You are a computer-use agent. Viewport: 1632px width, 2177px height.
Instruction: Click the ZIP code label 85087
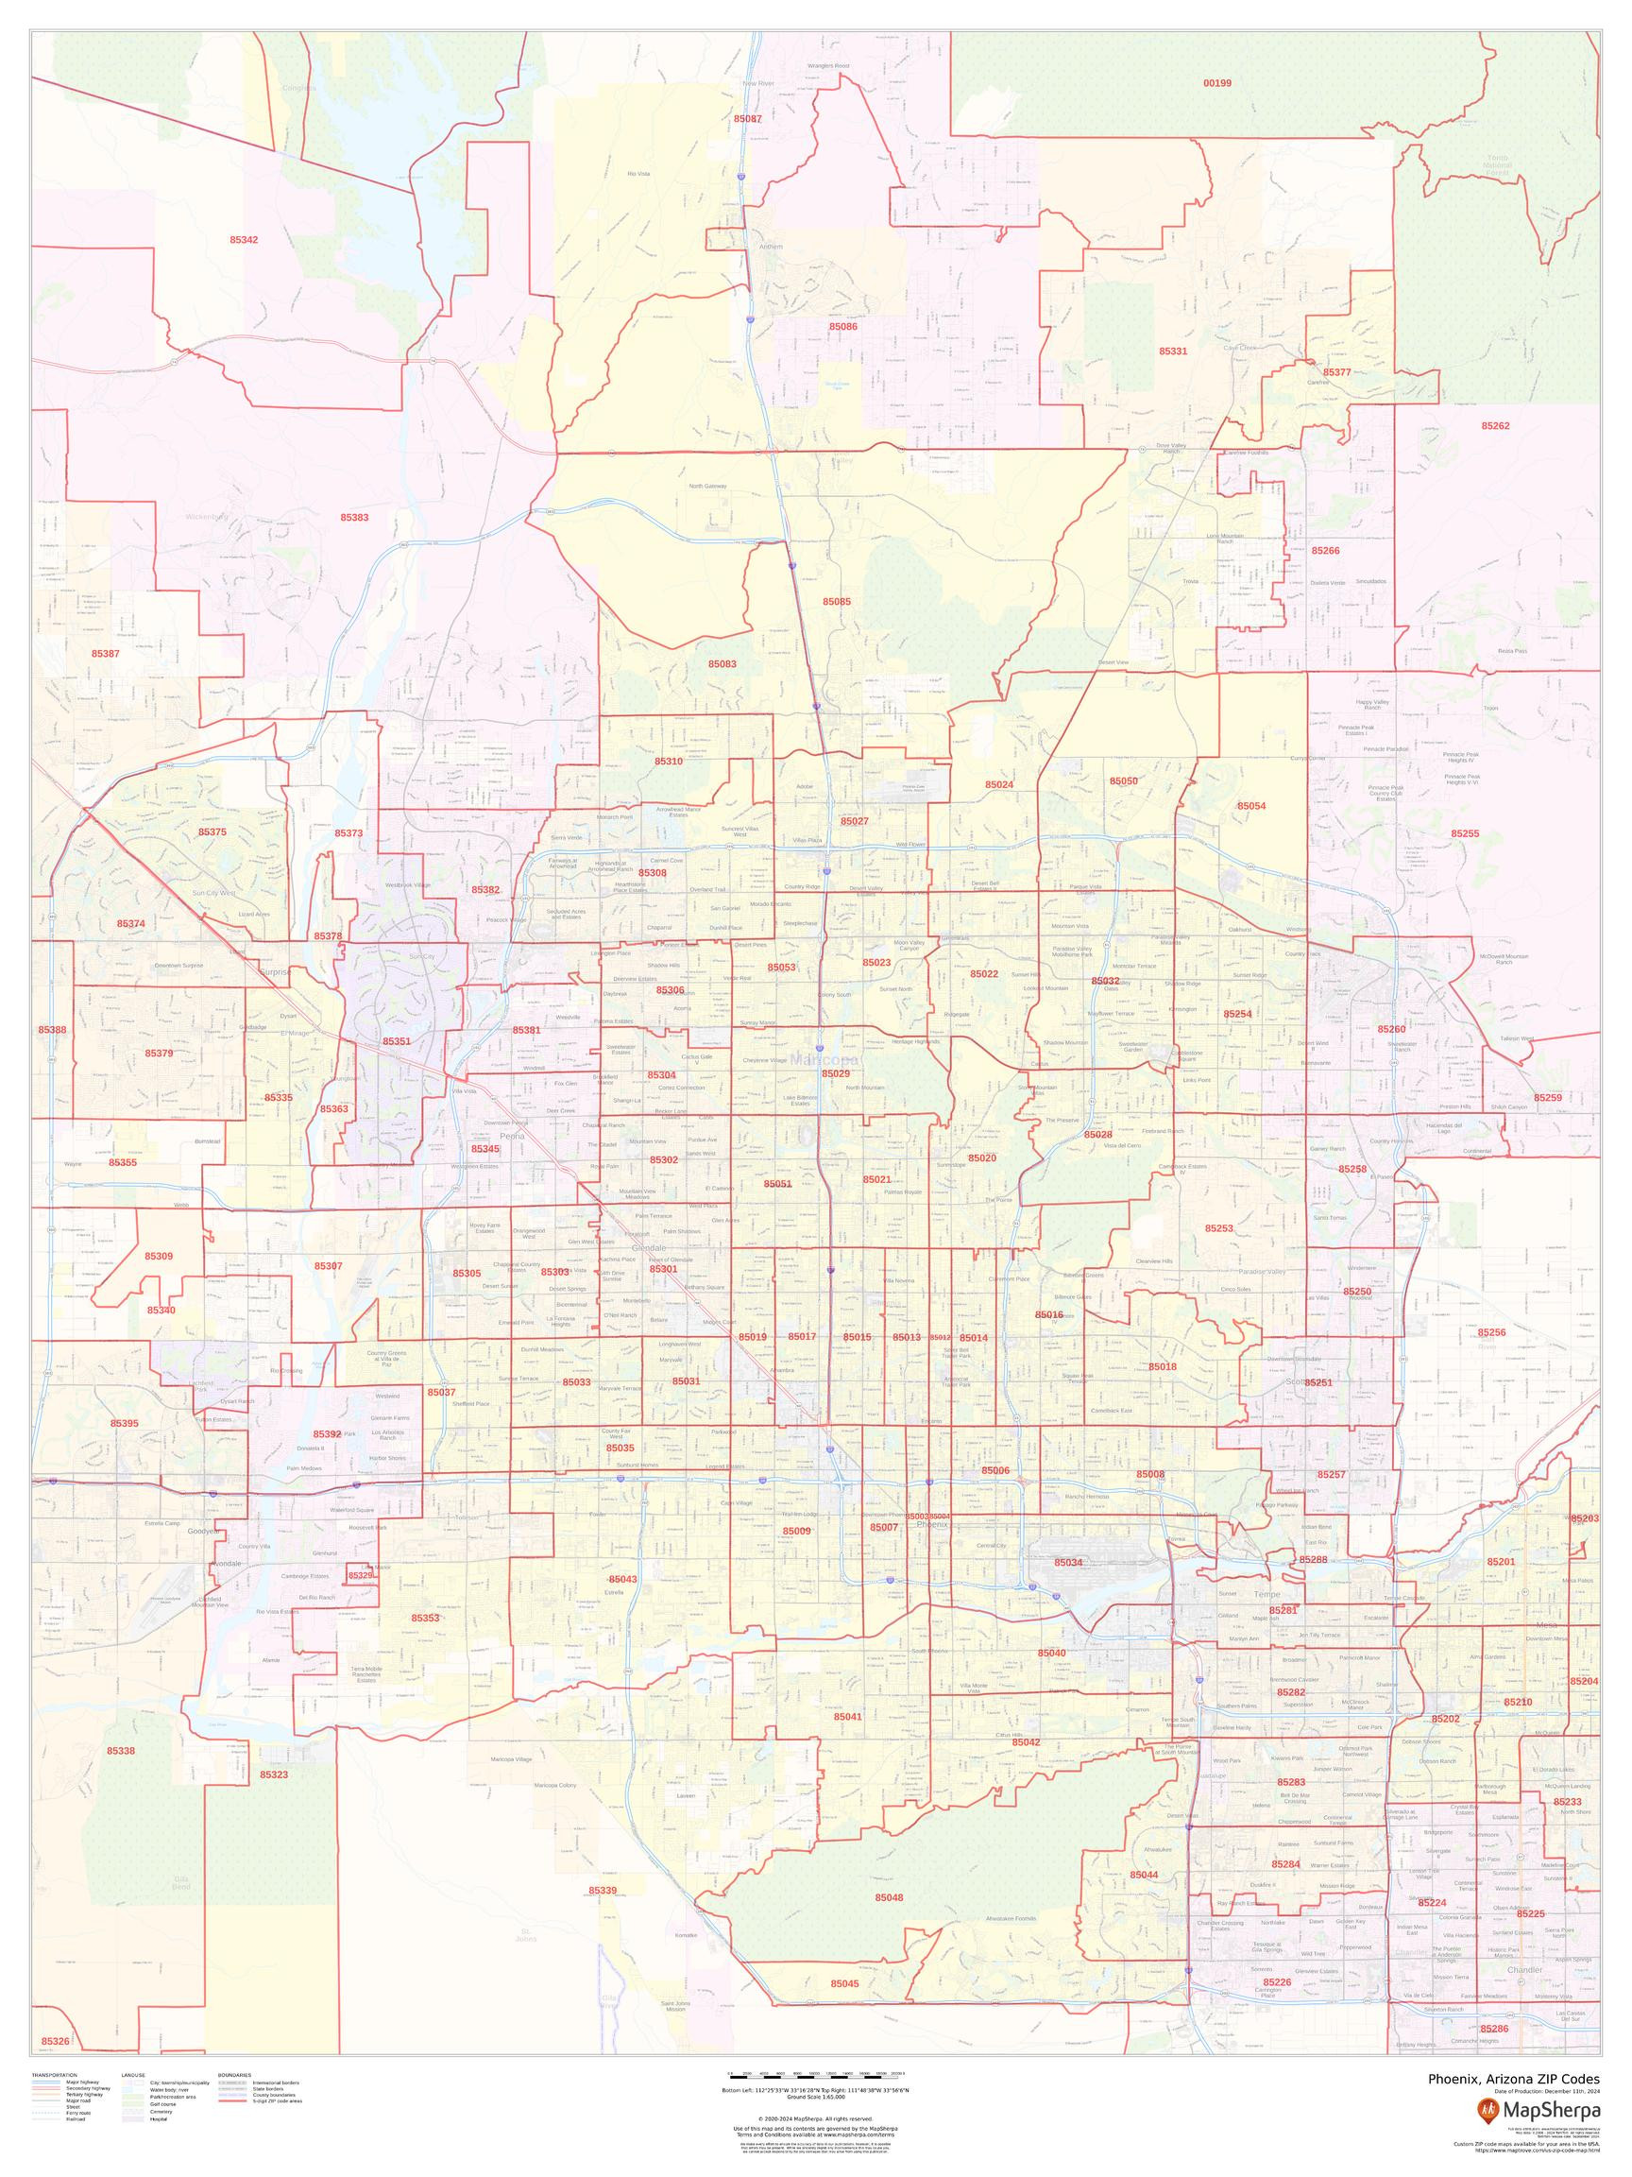(x=747, y=118)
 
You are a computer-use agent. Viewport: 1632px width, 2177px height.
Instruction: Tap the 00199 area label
(x=1216, y=82)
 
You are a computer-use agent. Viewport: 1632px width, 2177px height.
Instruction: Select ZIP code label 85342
(x=244, y=239)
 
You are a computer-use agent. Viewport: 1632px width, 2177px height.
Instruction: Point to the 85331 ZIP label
(x=1173, y=351)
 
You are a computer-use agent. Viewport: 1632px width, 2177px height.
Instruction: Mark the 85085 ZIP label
(x=836, y=600)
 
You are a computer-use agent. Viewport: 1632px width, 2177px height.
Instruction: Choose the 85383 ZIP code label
(x=354, y=517)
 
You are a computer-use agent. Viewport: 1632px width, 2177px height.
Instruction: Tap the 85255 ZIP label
(x=1465, y=833)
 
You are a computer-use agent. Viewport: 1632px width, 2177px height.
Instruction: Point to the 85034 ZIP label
(x=1068, y=1562)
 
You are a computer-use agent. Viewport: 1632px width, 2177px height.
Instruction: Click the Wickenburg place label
(x=206, y=517)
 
